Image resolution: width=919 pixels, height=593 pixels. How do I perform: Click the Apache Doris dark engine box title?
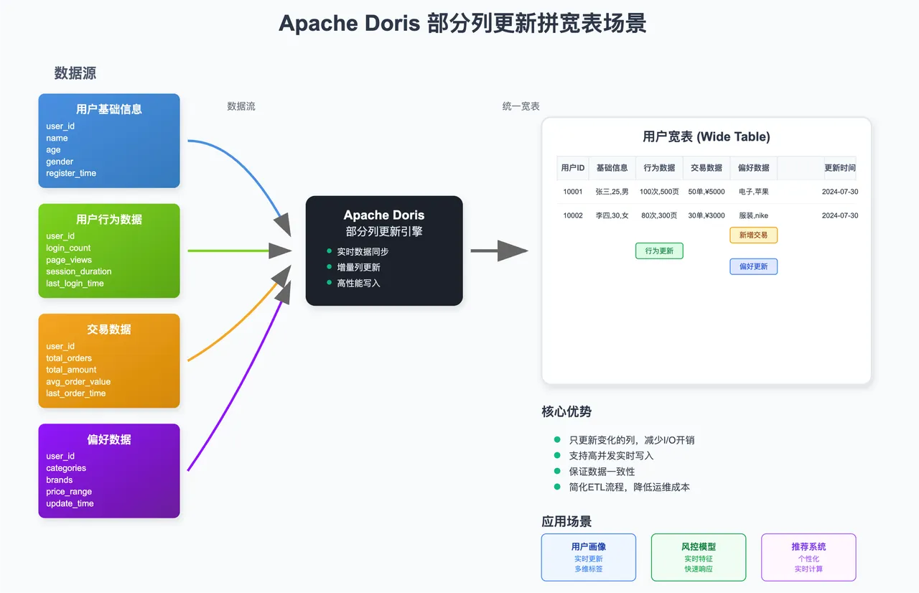(x=384, y=215)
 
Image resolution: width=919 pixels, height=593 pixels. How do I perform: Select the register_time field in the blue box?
(x=71, y=173)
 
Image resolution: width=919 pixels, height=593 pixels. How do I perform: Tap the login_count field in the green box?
(x=68, y=248)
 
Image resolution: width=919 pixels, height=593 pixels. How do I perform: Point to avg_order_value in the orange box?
(x=78, y=381)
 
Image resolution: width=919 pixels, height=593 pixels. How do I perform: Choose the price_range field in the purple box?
(x=69, y=492)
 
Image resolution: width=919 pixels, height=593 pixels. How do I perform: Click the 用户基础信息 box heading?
(x=109, y=109)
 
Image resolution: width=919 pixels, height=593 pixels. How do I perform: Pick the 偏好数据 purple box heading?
(x=109, y=439)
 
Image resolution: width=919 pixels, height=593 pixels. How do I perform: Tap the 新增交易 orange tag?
(x=753, y=235)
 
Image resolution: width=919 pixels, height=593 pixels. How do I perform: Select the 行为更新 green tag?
(x=659, y=251)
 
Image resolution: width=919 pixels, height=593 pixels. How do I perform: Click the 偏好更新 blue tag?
(x=753, y=266)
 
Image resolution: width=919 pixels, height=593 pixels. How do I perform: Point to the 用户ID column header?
(x=573, y=167)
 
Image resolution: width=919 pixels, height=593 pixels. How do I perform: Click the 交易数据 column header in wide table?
(x=706, y=167)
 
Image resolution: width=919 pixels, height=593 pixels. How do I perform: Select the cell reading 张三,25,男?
(x=612, y=192)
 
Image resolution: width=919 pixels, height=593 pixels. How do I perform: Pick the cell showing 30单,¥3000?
(x=706, y=215)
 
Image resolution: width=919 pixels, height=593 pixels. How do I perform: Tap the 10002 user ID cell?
(x=573, y=215)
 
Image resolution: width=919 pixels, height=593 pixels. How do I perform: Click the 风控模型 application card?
(x=699, y=557)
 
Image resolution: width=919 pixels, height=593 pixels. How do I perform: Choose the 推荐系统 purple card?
(x=808, y=557)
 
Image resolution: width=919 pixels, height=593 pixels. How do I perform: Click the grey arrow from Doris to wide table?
(x=500, y=251)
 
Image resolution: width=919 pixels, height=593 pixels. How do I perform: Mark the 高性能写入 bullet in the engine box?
(x=358, y=283)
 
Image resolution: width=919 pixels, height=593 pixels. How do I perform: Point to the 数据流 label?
(x=241, y=106)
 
